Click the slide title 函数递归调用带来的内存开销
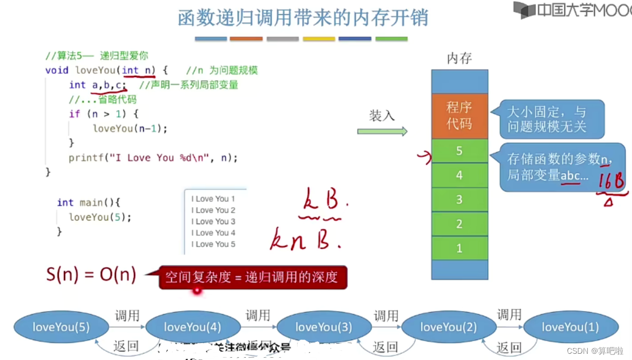coord(303,18)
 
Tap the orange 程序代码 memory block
coord(459,115)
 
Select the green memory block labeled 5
coord(459,151)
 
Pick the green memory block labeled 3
coord(459,200)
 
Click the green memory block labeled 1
coord(459,248)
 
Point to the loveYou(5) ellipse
coord(61,327)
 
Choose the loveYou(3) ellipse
coord(324,327)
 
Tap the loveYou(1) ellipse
coord(570,327)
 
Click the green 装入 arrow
coord(382,131)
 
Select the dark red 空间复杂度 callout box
coord(252,277)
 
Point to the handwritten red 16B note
coord(611,182)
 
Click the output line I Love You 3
coord(213,221)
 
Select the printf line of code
coord(153,158)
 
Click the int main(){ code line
coord(89,202)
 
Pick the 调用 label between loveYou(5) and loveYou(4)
coord(127,315)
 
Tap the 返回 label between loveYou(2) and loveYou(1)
coord(509,346)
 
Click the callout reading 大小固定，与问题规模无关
coord(547,119)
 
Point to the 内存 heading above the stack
coord(459,58)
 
